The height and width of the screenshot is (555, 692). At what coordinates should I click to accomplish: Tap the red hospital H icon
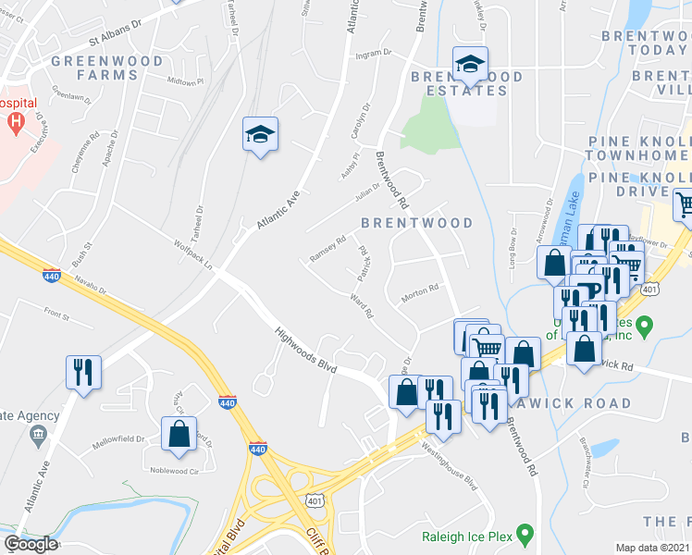16,121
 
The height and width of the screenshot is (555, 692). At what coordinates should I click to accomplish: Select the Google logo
31,544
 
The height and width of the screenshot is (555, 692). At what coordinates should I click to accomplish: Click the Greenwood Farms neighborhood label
107,68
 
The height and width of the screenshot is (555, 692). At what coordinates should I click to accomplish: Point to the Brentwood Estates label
467,83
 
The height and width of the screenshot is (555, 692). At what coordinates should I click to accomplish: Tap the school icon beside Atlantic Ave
261,135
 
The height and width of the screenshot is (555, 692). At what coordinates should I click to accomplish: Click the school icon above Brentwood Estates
470,64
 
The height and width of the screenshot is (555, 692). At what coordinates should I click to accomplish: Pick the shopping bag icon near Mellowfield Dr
179,434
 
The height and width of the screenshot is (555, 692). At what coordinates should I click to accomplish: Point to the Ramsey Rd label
327,249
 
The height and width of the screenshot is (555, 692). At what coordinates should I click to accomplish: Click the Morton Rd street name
419,295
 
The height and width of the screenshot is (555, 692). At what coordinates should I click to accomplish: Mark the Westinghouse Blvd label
450,468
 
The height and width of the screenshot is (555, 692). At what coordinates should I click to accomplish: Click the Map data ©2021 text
653,548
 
